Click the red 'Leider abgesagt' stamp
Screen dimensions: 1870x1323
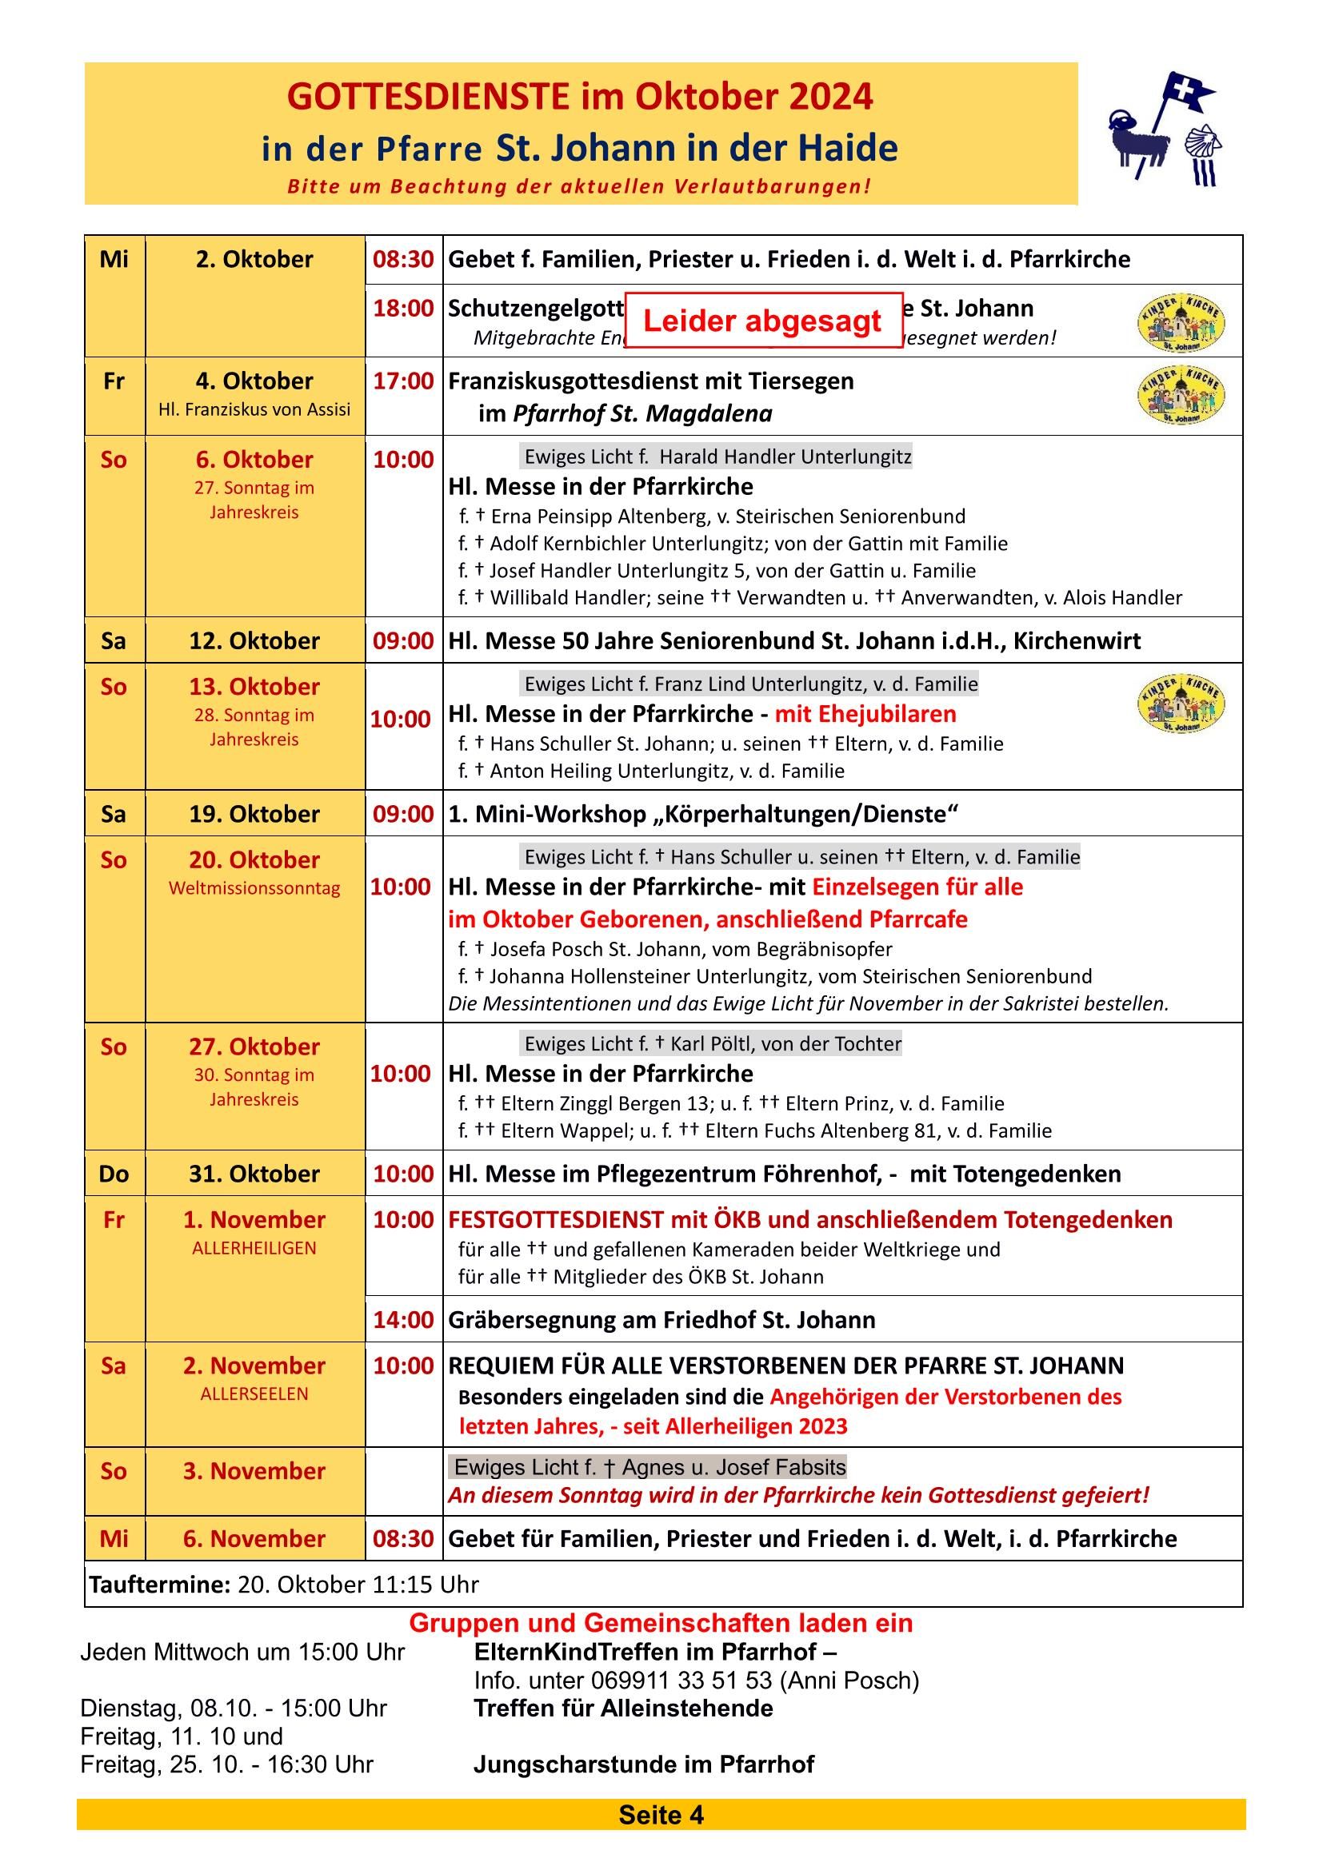click(x=762, y=321)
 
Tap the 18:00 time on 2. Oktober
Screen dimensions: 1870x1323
click(x=403, y=309)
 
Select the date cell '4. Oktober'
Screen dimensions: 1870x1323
click(x=254, y=381)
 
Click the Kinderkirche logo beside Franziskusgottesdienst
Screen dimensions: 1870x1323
click(x=1181, y=395)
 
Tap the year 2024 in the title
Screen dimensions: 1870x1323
click(x=830, y=97)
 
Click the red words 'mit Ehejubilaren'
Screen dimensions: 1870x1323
click(x=865, y=714)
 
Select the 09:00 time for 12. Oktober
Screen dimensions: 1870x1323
click(x=403, y=641)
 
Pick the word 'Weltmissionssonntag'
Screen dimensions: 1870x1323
click(x=254, y=887)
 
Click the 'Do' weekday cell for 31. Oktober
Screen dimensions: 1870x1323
click(x=114, y=1174)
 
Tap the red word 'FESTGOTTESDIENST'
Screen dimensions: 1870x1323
click(x=556, y=1219)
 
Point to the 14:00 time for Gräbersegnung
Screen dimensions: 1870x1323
click(x=403, y=1319)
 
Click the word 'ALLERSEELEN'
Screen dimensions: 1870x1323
click(x=254, y=1394)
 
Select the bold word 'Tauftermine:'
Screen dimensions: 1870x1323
click(x=160, y=1584)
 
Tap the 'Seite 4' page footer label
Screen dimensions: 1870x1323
click(x=661, y=1816)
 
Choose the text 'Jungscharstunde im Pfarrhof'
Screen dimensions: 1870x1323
click(x=644, y=1764)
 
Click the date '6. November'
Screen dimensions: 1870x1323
click(x=254, y=1538)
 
